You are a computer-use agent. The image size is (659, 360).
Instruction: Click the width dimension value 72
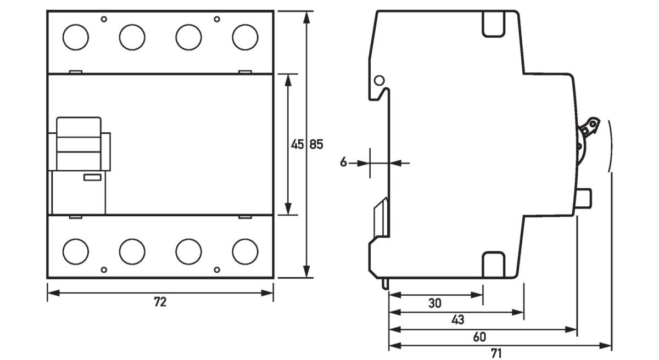(x=160, y=302)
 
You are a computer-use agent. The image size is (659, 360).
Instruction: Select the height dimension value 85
(x=317, y=144)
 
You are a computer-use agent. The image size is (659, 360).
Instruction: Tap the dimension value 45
(x=297, y=144)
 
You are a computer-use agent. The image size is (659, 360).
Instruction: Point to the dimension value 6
(x=343, y=162)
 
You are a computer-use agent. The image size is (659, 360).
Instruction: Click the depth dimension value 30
(x=434, y=303)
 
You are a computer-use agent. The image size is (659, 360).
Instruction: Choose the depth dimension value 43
(x=457, y=320)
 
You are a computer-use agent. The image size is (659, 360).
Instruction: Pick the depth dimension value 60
(x=479, y=337)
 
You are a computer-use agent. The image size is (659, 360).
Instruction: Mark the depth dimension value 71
(x=496, y=353)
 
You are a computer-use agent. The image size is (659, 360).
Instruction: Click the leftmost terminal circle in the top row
(x=76, y=37)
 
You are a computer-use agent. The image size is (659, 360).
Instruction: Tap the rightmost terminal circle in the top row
(x=245, y=37)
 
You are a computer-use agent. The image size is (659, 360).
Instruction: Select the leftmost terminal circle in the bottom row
(x=76, y=251)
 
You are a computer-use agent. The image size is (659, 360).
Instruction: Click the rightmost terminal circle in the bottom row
(x=245, y=251)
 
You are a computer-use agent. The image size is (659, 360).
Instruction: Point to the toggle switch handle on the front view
(x=79, y=143)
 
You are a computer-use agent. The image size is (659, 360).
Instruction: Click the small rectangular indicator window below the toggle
(x=91, y=177)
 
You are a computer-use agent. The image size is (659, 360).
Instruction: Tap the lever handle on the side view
(x=590, y=128)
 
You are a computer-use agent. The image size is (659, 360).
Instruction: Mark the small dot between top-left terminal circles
(x=104, y=19)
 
